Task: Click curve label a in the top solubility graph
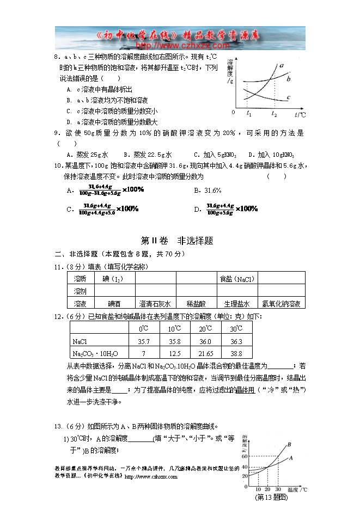point(282,66)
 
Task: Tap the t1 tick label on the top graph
point(248,114)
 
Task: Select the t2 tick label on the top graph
point(273,114)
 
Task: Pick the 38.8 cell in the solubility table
point(236,353)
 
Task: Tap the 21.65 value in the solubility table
point(205,353)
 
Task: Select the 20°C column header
point(205,329)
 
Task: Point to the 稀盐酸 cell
point(196,304)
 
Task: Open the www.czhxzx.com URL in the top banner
point(173,46)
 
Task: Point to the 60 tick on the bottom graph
point(245,456)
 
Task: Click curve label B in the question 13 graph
point(289,445)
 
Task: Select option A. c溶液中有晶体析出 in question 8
point(99,89)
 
